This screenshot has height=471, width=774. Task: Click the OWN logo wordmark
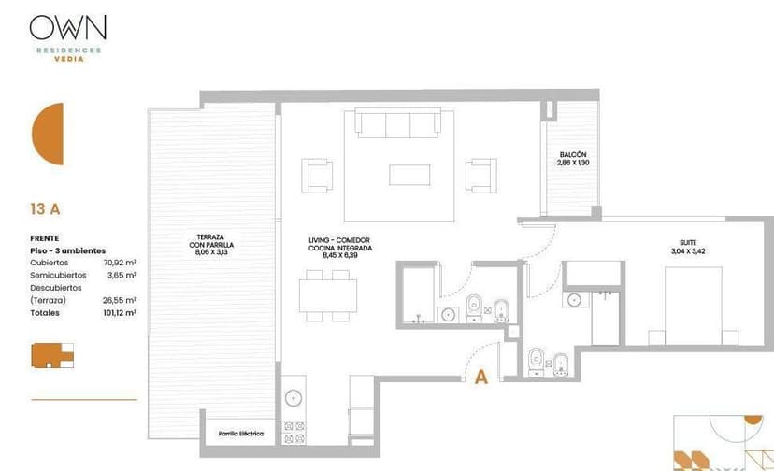pos(67,27)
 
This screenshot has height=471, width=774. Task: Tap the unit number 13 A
pos(45,209)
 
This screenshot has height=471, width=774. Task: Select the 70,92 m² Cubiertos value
pos(120,263)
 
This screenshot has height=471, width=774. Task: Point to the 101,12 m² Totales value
pos(120,312)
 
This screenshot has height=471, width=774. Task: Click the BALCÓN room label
pos(573,154)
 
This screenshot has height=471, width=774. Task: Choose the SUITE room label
pos(688,242)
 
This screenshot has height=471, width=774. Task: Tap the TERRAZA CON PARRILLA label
pos(211,241)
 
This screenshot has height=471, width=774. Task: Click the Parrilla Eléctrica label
pos(241,434)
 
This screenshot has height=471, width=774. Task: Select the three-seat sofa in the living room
pos(398,123)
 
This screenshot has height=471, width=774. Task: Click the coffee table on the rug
pos(409,175)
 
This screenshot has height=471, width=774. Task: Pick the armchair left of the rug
pos(317,176)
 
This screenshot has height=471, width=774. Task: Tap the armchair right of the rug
pos(480,176)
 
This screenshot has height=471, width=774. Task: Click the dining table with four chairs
pos(328,295)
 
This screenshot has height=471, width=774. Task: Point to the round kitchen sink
pos(294,397)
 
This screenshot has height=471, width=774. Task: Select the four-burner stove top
pos(294,433)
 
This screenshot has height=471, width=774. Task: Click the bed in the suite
pos(693,307)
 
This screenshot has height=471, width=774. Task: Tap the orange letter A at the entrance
pos(481,378)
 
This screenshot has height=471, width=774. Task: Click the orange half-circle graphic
pos(48,134)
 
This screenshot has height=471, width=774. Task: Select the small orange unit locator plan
pos(52,355)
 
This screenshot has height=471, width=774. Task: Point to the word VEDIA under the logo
pos(69,59)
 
